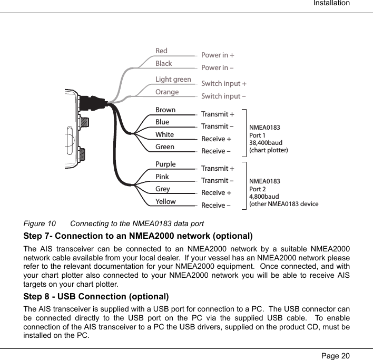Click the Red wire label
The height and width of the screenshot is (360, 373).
coord(161,51)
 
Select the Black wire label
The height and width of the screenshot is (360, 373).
coord(164,64)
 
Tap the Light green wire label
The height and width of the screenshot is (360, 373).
coord(173,80)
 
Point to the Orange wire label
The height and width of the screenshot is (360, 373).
coord(167,92)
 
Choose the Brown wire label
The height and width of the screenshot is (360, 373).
coord(165,110)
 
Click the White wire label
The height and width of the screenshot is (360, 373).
coord(164,135)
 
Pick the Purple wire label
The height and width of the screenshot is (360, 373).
coord(165,164)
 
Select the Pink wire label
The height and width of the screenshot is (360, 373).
coord(162,177)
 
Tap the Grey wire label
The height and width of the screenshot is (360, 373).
coord(163,189)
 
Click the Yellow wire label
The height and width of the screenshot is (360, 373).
coord(165,202)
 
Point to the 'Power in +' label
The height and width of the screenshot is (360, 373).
coord(218,55)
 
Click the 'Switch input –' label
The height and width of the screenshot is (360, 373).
coord(224,96)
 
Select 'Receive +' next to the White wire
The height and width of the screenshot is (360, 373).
coord(217,140)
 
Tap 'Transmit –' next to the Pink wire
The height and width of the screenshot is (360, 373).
coord(218,181)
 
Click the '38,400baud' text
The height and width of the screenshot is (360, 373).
coord(266,143)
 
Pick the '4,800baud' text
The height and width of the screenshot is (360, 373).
coord(264,197)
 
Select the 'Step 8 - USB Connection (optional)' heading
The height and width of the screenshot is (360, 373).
coord(96,296)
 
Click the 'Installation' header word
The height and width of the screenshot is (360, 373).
coord(331,4)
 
